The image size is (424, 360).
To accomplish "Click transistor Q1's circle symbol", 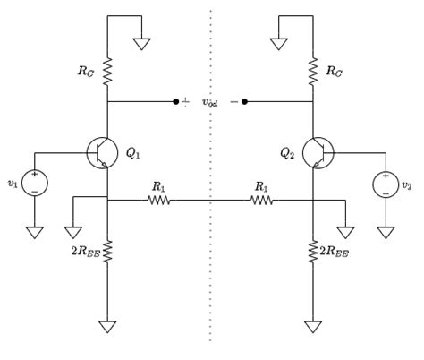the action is click(88, 153).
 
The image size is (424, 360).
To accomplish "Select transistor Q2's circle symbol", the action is click(334, 153).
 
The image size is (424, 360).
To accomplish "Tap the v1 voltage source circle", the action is click(22, 183).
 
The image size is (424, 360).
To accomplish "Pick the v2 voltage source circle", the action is click(373, 184).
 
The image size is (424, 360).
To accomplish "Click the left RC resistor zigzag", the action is click(107, 72).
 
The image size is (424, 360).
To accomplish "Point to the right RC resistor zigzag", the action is click(313, 72).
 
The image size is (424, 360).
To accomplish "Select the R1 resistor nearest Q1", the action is click(159, 200).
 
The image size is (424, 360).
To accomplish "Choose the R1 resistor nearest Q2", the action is click(262, 200).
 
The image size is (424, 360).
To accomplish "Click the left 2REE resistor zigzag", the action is click(107, 252).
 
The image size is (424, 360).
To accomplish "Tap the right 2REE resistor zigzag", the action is click(313, 252).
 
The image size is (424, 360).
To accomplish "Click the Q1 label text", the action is click(132, 153).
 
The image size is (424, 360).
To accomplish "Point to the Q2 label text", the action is click(287, 153).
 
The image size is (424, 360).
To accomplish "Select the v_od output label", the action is click(210, 102).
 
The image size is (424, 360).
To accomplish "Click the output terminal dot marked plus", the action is click(176, 102).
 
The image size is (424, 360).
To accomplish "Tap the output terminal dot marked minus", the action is click(244, 102).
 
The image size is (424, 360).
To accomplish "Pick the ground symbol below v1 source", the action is click(35, 232).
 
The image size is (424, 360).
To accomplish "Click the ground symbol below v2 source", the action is click(386, 232).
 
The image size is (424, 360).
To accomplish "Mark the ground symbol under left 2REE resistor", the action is click(107, 327).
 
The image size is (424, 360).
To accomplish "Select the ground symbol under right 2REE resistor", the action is click(313, 327).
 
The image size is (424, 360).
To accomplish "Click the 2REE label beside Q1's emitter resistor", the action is click(85, 252).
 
